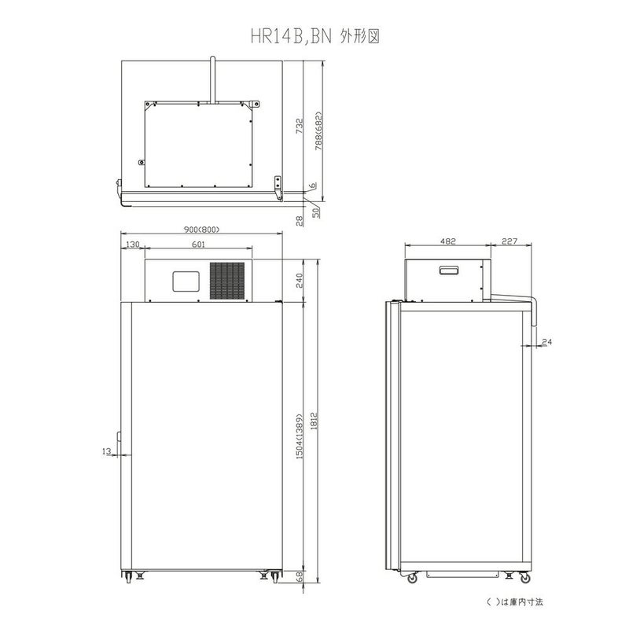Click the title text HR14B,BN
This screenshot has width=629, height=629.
point(291,36)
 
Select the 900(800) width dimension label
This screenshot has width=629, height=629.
point(202,230)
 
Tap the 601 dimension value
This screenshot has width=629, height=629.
point(198,245)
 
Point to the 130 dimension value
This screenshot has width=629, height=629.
point(132,245)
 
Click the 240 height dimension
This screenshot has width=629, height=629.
point(300,281)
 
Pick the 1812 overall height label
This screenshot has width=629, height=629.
point(314,421)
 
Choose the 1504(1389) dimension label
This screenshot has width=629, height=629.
point(300,436)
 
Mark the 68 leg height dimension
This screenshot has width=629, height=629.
point(300,577)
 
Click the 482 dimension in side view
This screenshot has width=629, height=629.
point(447,241)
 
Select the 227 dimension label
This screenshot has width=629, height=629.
point(509,241)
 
